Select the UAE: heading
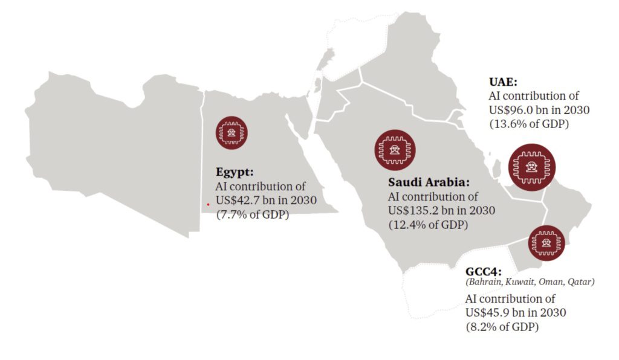503,82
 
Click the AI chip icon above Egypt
232,131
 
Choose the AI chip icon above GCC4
546,243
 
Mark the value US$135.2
415,211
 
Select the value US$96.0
513,111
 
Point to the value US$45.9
489,313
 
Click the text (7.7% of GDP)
253,214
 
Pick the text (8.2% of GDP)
502,327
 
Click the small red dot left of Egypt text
207,204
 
